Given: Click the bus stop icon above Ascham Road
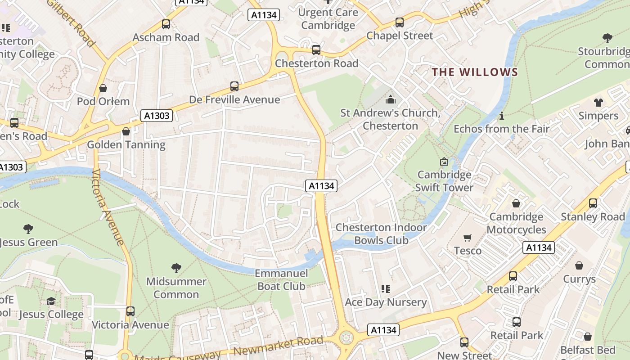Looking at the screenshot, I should (x=166, y=24).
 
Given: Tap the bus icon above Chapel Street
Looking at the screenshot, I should (x=399, y=22).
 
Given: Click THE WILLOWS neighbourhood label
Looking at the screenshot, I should (x=475, y=72).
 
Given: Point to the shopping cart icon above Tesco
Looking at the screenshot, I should (x=468, y=238).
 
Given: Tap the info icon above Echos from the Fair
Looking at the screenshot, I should (x=501, y=116).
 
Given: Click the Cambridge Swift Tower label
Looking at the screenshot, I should (x=444, y=181).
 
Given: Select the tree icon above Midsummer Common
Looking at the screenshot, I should (x=176, y=269).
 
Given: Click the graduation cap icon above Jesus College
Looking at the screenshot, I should (x=51, y=301).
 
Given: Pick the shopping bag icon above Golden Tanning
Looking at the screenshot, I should (x=126, y=131).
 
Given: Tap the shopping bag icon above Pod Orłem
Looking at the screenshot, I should (x=103, y=88).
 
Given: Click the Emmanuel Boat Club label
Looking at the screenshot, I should (x=281, y=279).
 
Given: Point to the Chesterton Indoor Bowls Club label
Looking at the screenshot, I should (x=381, y=234).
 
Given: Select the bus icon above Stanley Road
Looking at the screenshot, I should (x=593, y=203).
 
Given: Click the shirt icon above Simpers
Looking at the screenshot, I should (x=598, y=103).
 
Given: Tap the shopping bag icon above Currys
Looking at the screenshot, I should (x=579, y=266).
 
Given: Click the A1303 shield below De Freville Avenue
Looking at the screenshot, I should (x=157, y=116).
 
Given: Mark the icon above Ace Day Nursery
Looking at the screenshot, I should (x=385, y=289).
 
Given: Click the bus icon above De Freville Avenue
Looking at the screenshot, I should (x=234, y=86).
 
